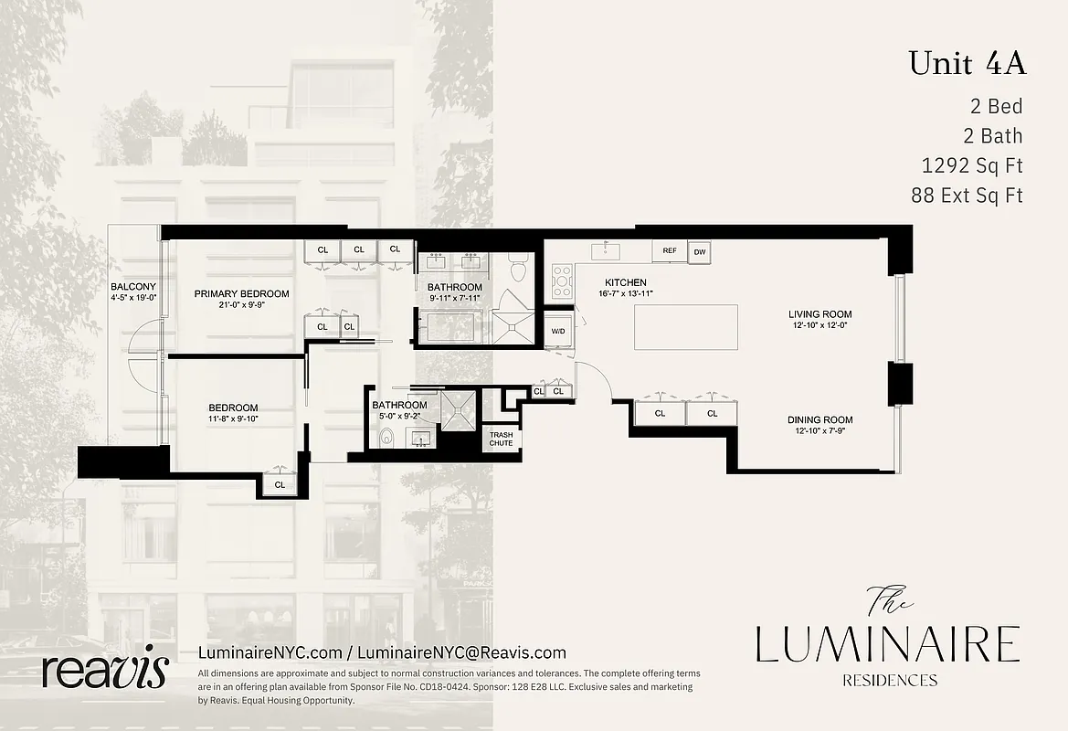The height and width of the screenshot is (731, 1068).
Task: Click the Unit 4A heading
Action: coord(967,64)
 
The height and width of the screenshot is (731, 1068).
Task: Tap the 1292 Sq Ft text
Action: coord(972,165)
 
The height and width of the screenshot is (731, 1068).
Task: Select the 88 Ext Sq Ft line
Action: coord(967,195)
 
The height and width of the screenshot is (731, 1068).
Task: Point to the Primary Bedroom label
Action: coord(241,293)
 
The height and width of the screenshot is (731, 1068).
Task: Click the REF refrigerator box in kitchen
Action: coord(669,250)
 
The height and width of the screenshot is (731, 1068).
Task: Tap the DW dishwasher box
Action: coord(699,251)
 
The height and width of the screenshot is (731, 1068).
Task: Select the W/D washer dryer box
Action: coord(557,331)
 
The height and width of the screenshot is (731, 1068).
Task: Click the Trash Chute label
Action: coord(501,439)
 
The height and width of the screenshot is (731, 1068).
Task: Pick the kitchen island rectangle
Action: coord(686,328)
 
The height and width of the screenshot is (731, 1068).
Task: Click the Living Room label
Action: coord(820,314)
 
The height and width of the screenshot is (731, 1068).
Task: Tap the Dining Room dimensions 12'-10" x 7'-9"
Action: coord(820,431)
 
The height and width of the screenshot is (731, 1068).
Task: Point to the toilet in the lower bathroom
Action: coord(386,438)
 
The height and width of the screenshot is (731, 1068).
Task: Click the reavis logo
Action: coord(105,671)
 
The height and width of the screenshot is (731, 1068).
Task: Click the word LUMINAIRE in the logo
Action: coord(886,643)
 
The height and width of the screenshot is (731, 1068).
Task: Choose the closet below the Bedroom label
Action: coord(280,484)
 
